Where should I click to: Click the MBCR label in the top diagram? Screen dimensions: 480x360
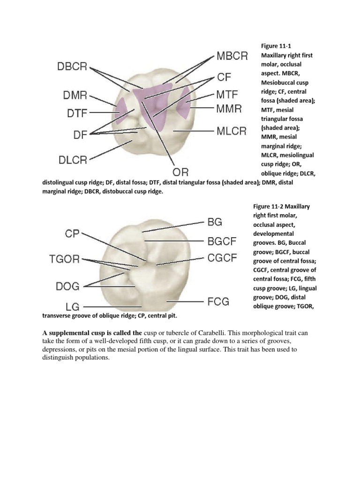[x=232, y=57]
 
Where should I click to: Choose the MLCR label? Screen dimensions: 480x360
[x=231, y=131]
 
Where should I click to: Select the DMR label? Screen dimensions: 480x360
[x=75, y=96]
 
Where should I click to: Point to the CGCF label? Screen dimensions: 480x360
[x=223, y=258]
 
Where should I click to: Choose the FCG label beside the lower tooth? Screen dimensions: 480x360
[x=218, y=301]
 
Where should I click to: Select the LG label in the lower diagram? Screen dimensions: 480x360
[x=72, y=307]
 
